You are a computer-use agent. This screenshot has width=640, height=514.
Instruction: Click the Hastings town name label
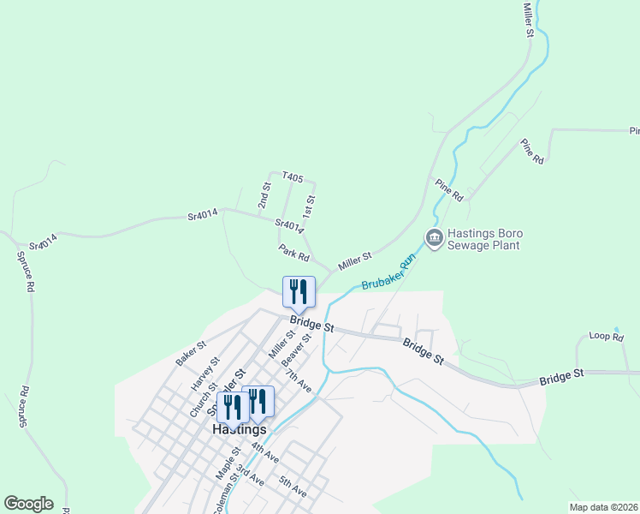(239, 429)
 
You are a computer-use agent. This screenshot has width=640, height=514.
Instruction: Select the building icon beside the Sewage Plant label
(434, 237)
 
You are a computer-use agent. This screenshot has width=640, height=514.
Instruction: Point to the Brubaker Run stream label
(388, 272)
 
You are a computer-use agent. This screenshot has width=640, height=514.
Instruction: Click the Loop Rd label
(606, 337)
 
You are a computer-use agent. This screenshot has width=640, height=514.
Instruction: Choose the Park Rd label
(293, 253)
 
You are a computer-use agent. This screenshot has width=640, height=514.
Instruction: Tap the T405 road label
(293, 177)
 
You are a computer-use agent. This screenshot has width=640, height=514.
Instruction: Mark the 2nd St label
(264, 195)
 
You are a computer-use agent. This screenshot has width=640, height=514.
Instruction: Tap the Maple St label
(228, 468)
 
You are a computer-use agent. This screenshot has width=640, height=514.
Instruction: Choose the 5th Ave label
(293, 487)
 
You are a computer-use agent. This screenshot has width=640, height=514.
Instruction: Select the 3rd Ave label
(249, 475)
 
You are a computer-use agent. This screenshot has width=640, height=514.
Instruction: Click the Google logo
(28, 504)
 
